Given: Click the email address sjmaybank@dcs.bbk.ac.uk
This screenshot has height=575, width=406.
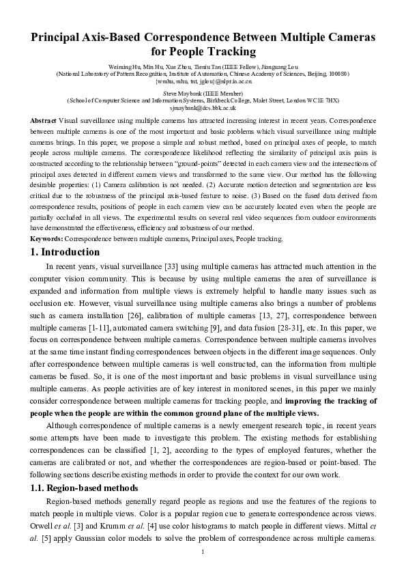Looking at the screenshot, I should click(x=203, y=107).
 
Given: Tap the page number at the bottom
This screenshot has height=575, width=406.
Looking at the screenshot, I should click(x=203, y=552).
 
